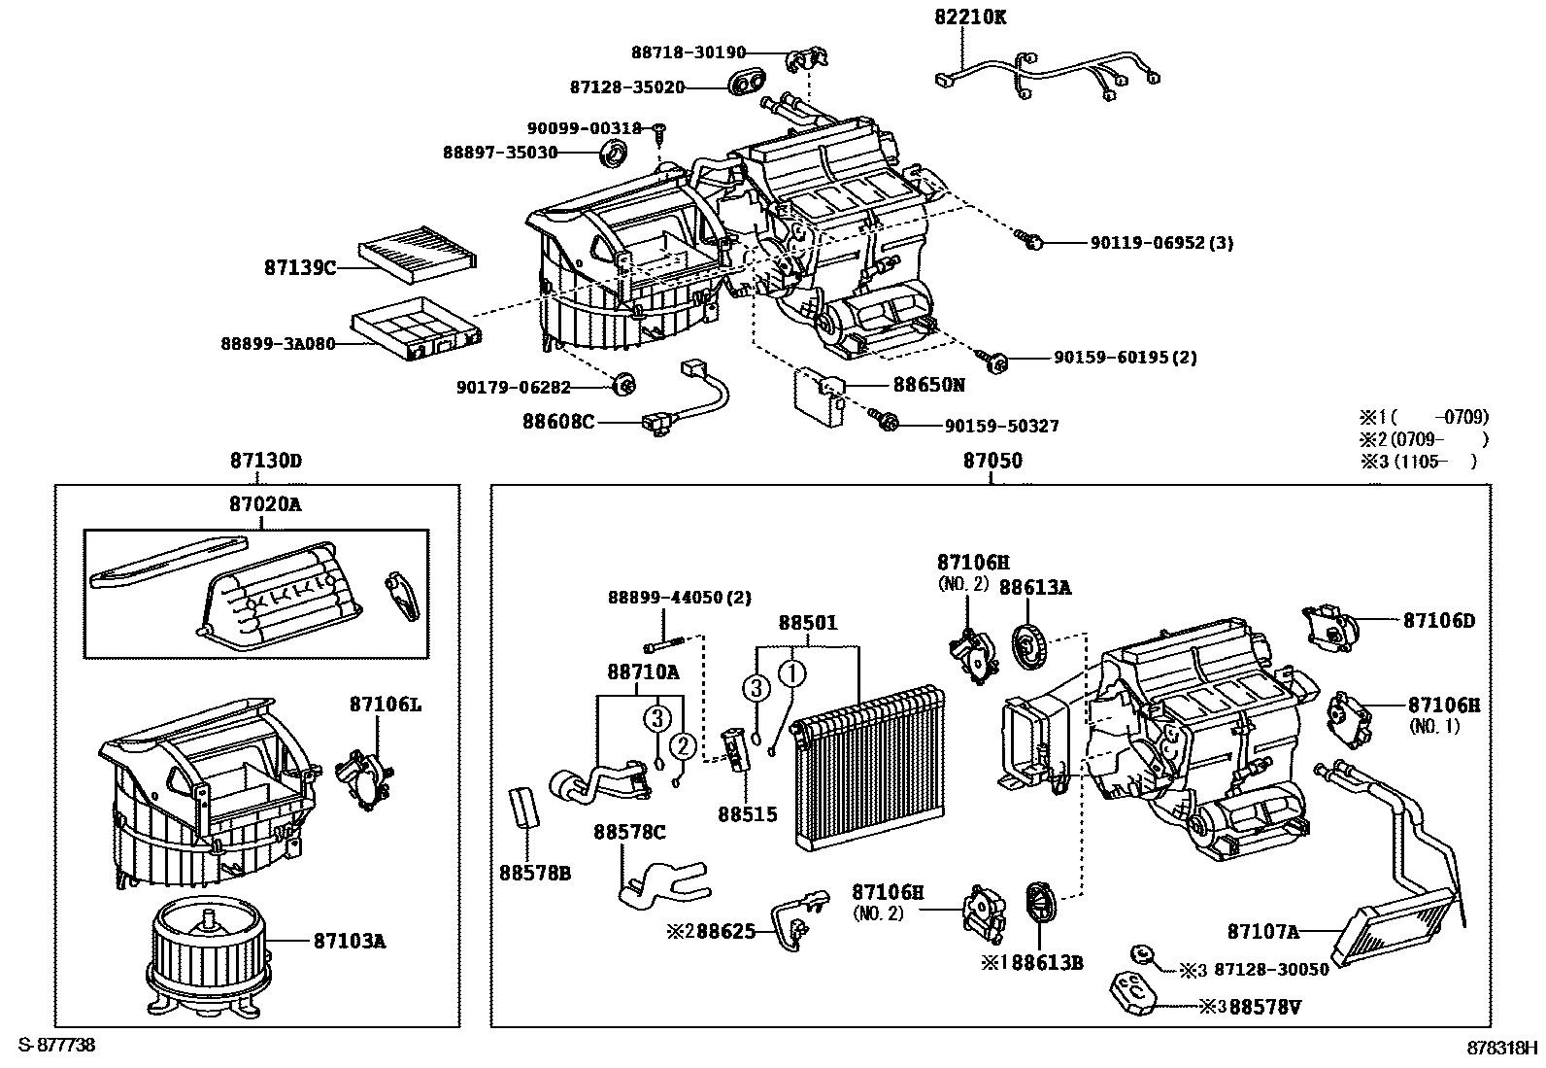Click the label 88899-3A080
(277, 343)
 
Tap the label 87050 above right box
(992, 461)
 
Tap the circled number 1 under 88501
(792, 672)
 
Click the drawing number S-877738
(57, 1045)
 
